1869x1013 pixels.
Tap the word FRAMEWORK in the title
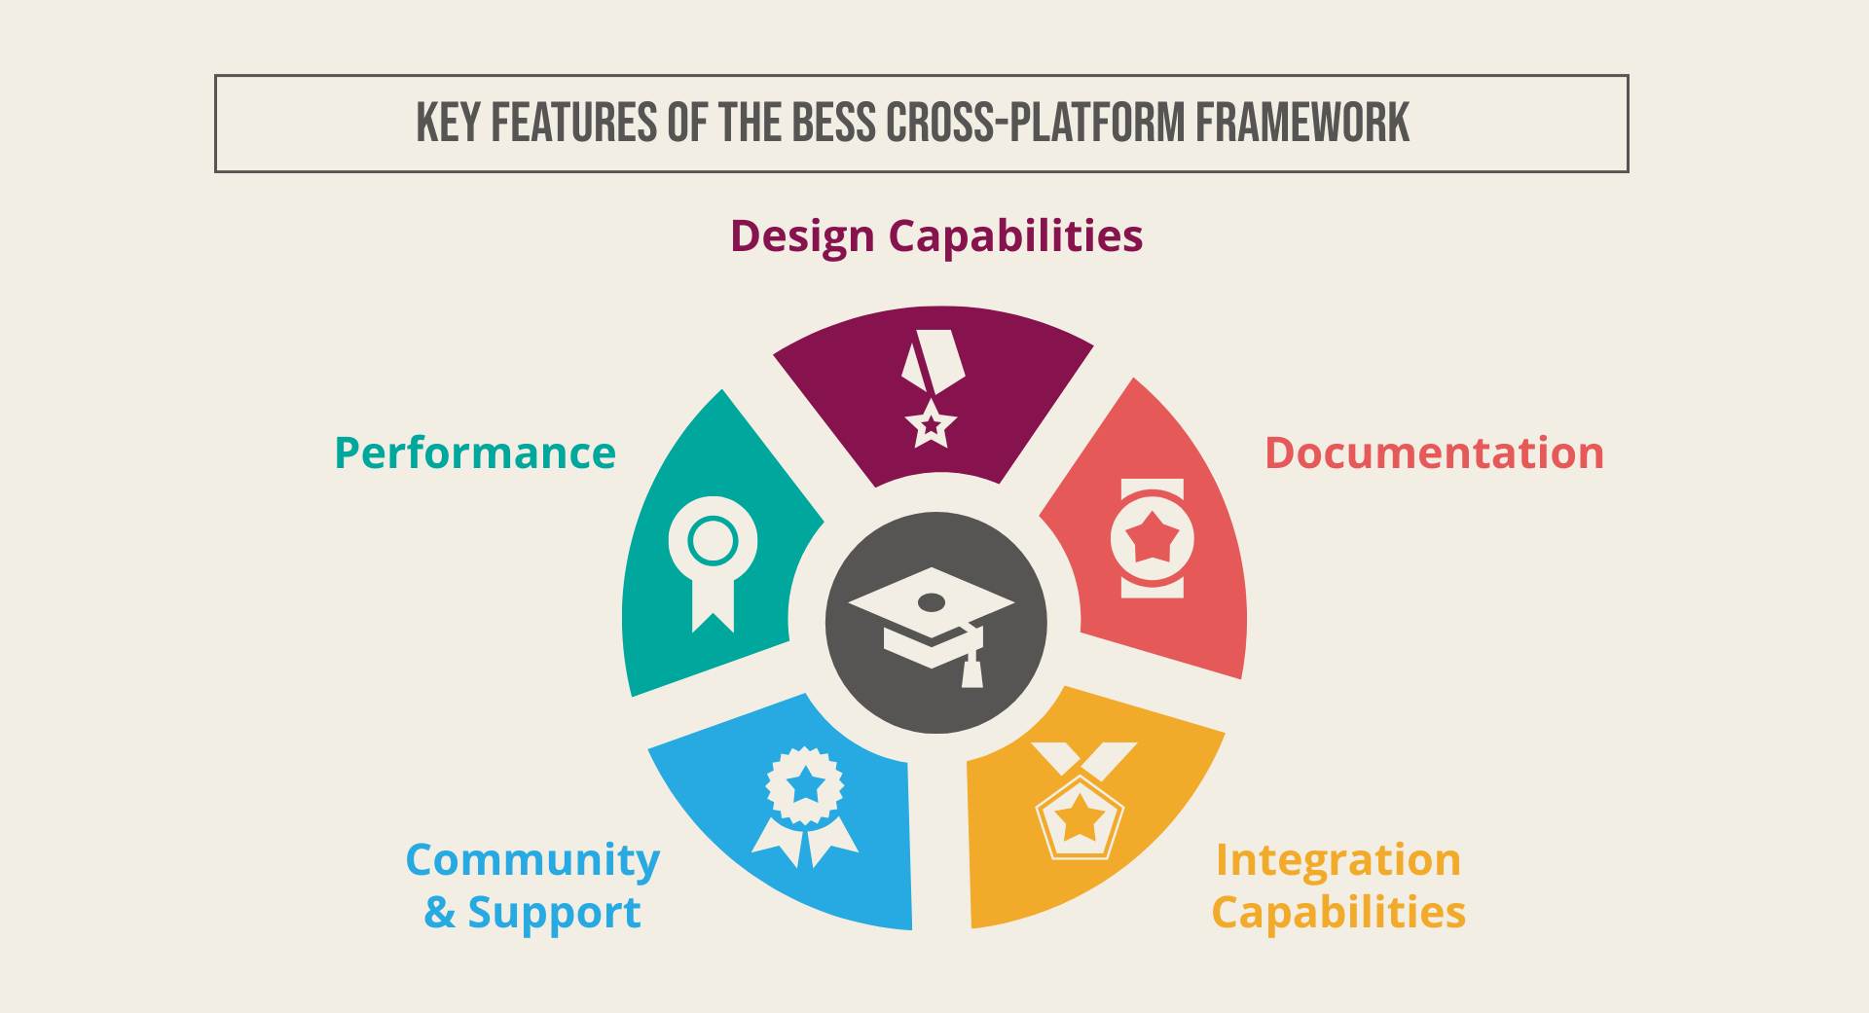[1302, 124]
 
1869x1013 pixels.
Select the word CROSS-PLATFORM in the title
[1035, 124]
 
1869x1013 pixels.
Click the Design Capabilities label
[936, 236]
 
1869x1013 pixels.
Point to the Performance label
[475, 452]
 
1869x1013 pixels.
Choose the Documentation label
[1434, 452]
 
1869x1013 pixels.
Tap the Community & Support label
[532, 886]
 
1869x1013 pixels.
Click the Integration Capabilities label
[1338, 886]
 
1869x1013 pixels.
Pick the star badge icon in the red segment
[1153, 537]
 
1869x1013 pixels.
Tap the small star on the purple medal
[932, 424]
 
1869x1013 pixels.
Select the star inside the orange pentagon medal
[1080, 816]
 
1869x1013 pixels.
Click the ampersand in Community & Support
[439, 913]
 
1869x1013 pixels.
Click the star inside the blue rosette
[805, 783]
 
